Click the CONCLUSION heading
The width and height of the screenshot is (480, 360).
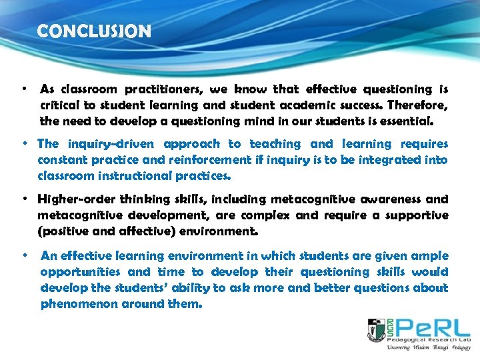click(x=94, y=31)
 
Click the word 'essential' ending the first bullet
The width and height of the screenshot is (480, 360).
click(x=407, y=122)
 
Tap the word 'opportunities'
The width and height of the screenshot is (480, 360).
click(x=80, y=272)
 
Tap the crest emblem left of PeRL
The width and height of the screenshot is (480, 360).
click(x=376, y=330)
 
